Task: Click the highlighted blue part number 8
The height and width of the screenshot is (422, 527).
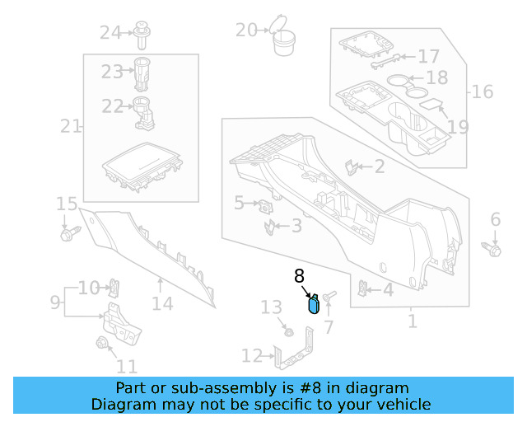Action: click(x=313, y=305)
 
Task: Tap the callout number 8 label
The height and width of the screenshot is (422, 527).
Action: click(x=300, y=277)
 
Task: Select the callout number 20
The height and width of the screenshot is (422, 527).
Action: click(x=246, y=30)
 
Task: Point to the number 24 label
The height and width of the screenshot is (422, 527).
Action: click(x=110, y=33)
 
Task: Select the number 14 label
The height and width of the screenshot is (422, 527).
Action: click(x=162, y=304)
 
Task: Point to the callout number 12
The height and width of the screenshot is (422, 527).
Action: click(x=252, y=356)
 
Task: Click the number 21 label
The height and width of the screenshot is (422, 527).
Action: click(x=71, y=126)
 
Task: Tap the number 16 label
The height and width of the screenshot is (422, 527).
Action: click(x=483, y=91)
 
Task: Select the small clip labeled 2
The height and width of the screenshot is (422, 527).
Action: click(x=352, y=167)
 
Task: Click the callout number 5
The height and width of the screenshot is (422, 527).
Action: click(x=239, y=202)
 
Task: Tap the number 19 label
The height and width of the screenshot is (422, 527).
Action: click(x=458, y=127)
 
